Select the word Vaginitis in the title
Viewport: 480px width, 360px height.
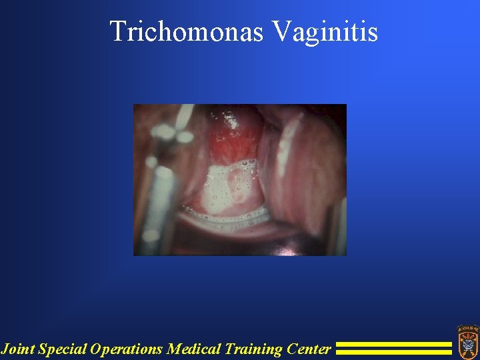point(325,31)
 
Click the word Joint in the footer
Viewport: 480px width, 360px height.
point(18,349)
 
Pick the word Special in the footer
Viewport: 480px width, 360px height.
point(63,349)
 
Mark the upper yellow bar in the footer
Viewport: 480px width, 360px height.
point(393,345)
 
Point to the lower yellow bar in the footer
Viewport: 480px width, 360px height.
point(393,352)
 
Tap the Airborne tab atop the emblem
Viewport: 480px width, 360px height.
point(467,329)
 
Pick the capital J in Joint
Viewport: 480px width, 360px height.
point(5,349)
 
